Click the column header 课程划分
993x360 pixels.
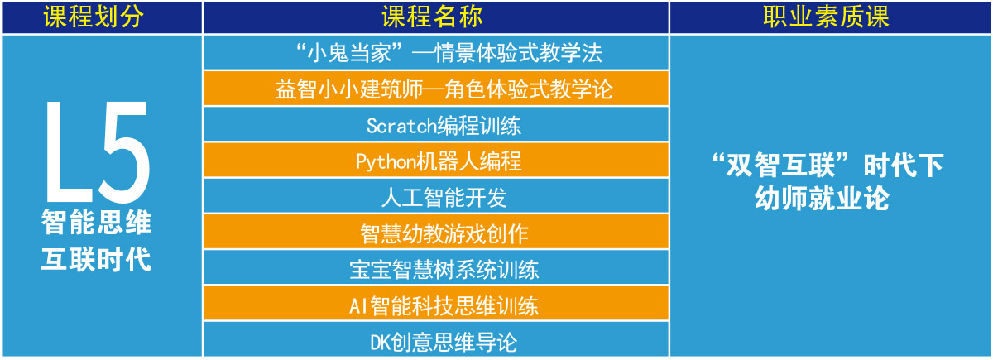click(94, 17)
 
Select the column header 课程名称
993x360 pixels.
click(432, 17)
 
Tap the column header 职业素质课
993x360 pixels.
click(826, 17)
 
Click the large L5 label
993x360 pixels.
click(98, 152)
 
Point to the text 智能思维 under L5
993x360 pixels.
click(97, 222)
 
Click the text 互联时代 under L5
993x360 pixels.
click(97, 259)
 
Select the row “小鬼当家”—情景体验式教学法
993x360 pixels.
click(436, 52)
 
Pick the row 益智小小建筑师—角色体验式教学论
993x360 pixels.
click(436, 89)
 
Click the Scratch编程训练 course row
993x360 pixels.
click(436, 125)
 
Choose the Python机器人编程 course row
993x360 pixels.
click(436, 160)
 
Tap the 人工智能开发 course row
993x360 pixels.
click(436, 196)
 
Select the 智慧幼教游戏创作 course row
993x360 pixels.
click(436, 232)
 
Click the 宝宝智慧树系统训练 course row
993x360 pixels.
click(436, 268)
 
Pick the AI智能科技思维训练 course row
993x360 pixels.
click(436, 304)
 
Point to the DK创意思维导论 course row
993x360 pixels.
click(436, 339)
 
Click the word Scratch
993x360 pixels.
click(401, 126)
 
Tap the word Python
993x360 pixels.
click(386, 162)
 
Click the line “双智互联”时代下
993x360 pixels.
click(827, 165)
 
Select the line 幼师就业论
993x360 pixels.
click(822, 198)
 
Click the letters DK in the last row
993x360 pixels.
click(381, 343)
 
